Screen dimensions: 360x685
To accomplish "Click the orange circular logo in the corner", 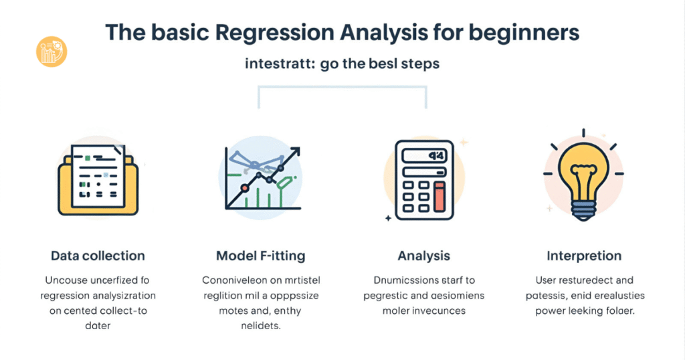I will [52, 52].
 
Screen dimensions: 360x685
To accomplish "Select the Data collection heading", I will [98, 256].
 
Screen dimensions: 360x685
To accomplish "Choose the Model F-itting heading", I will [260, 256].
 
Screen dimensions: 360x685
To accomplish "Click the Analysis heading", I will [423, 256].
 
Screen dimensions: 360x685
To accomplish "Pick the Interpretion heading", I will [584, 256].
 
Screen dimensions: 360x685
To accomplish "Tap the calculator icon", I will [423, 179].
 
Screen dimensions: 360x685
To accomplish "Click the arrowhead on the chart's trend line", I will [294, 151].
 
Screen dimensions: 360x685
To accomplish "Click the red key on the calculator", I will [439, 197].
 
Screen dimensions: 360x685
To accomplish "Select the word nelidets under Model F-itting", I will [261, 326].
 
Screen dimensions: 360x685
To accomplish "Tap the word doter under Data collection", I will [98, 326].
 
